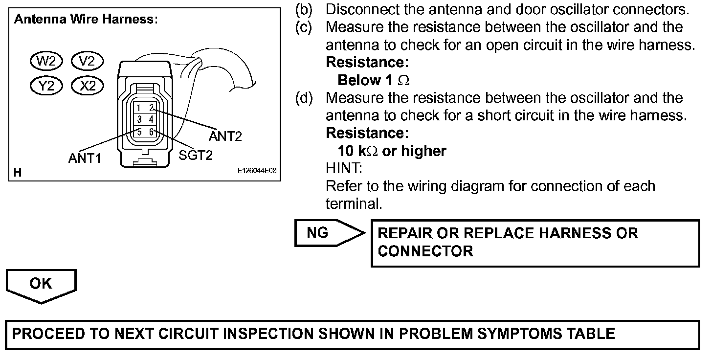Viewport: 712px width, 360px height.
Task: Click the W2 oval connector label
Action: pos(46,61)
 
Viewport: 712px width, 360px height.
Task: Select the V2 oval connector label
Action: pos(87,61)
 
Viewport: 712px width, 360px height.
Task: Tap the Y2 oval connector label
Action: pos(46,86)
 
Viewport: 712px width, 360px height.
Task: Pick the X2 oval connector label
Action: pos(88,86)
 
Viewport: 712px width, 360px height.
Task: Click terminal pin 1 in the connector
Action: pos(139,108)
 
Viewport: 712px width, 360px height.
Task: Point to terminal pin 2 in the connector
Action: pos(152,108)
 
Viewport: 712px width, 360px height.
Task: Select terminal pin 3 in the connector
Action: pos(139,119)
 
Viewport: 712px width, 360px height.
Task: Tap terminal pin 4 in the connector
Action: pos(152,119)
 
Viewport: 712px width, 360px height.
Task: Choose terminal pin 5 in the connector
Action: pos(139,132)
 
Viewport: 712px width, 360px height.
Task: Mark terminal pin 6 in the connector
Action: pos(152,132)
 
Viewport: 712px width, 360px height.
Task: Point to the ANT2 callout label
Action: pos(225,136)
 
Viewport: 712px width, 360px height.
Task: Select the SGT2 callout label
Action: pos(196,156)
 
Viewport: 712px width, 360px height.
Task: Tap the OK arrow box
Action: pos(41,285)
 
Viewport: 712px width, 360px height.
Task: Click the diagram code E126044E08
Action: pos(257,171)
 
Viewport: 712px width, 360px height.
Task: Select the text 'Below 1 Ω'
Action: pos(374,80)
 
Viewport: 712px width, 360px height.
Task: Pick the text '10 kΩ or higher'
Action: pos(392,151)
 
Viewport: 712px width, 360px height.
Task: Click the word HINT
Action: pos(344,169)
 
